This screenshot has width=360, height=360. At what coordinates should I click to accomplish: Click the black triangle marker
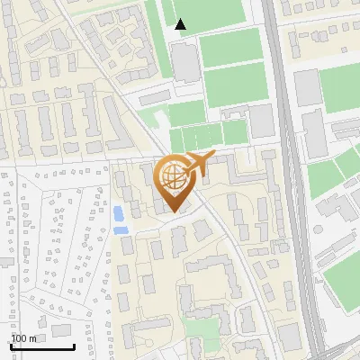click(181, 24)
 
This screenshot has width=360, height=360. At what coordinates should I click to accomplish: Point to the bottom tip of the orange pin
click(171, 212)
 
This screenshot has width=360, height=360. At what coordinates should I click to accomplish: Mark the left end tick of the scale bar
click(11, 345)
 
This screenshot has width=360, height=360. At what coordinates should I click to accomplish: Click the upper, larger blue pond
click(119, 214)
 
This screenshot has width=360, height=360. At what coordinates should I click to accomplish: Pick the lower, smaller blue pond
click(121, 230)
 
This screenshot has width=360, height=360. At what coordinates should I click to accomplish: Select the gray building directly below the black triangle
click(184, 62)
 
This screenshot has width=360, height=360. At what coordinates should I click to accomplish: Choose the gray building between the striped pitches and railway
click(261, 121)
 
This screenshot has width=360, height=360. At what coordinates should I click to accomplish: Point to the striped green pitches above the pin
click(208, 136)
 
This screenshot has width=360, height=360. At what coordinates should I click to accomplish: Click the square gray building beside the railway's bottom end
click(289, 337)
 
